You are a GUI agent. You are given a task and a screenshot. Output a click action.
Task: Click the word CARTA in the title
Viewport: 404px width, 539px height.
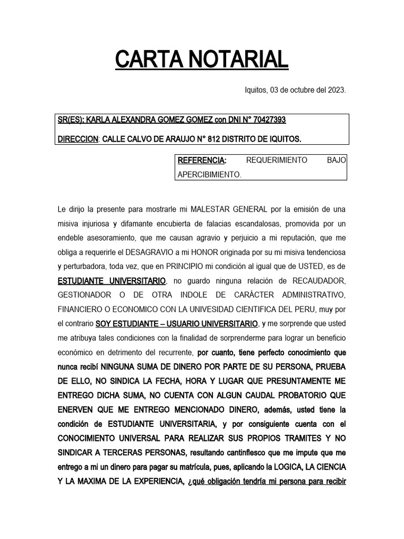click(x=145, y=59)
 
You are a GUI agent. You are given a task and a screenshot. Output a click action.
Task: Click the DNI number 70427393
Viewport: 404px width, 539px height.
click(x=267, y=119)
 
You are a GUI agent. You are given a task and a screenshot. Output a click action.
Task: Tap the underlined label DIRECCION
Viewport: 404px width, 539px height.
click(x=78, y=139)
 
